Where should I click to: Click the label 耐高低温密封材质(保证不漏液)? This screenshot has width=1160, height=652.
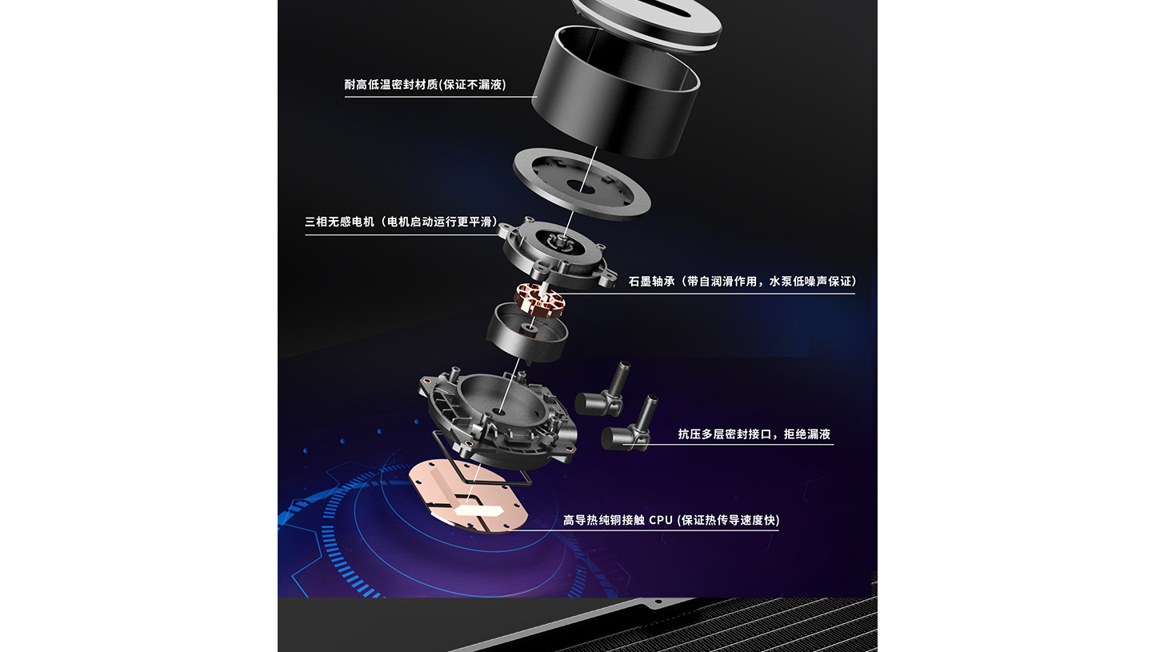click(425, 85)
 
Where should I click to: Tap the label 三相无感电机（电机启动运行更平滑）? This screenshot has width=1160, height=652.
click(402, 222)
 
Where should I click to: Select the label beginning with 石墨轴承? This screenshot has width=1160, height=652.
click(742, 282)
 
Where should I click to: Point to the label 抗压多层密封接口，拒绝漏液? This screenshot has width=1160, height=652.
click(754, 434)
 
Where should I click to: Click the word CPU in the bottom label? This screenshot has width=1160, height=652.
click(661, 520)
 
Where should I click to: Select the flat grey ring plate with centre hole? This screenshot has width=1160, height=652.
click(582, 184)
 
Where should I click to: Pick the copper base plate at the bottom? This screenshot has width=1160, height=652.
click(467, 496)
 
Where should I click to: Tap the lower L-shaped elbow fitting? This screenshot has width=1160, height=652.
click(629, 426)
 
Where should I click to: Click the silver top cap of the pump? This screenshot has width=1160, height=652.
click(647, 21)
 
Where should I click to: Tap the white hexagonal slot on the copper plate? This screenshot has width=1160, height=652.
click(478, 512)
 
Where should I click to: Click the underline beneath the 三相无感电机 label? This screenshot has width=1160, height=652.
click(402, 235)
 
